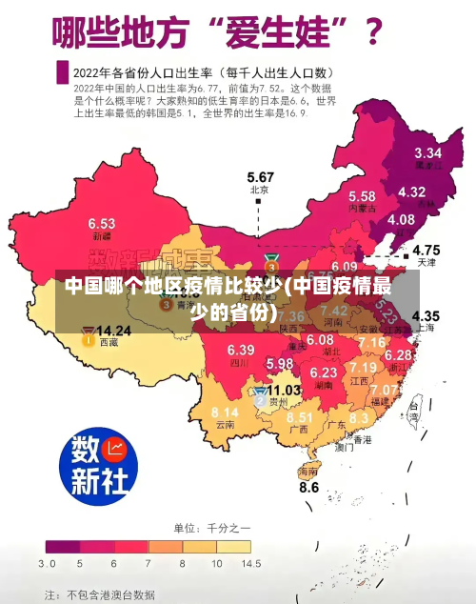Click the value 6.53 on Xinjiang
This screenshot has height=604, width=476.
[x=102, y=223]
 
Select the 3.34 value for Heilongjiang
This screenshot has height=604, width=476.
[x=427, y=152]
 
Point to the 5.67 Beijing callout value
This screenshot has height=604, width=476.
[x=260, y=177]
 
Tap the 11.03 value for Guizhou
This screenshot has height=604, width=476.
[x=284, y=390]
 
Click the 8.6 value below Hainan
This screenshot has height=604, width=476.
[x=309, y=487]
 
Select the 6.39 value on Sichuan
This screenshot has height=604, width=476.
[x=241, y=350]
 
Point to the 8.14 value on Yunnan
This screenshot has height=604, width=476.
[x=225, y=412]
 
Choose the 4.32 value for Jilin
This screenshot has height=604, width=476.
[x=411, y=191]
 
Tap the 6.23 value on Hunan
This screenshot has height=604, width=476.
[x=324, y=372]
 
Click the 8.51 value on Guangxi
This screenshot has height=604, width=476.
[x=300, y=417]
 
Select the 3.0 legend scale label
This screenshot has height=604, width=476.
[x=47, y=564]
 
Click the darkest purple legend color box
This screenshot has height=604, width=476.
[x=62, y=547]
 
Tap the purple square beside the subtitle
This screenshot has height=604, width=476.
[x=62, y=72]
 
